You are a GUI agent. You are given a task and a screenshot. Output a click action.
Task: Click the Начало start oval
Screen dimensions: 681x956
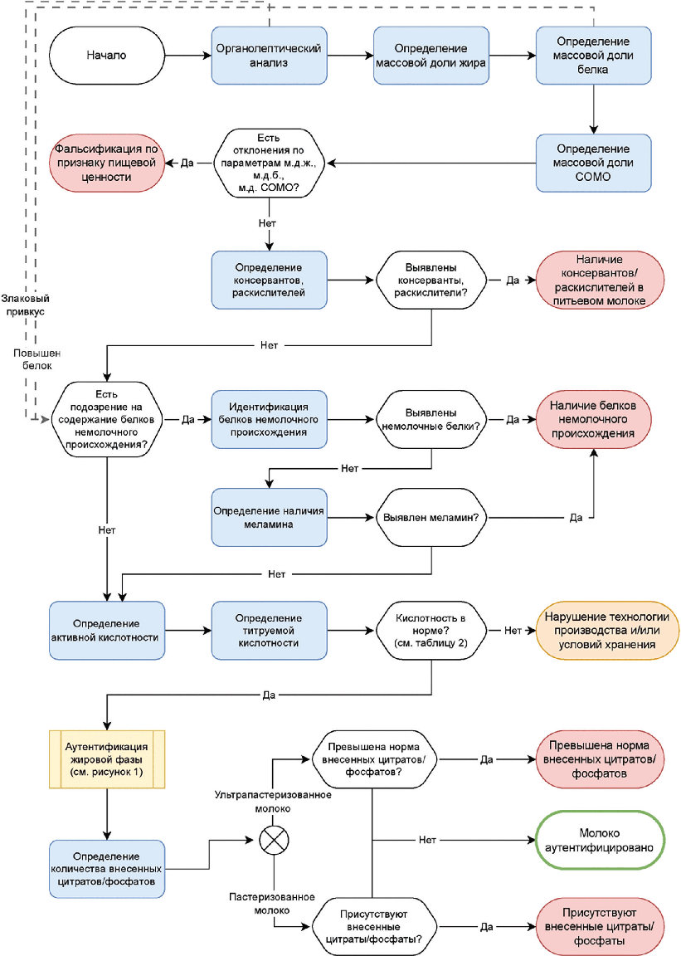[x=107, y=56]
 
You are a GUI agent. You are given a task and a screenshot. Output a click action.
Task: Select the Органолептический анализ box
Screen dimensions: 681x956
[x=269, y=56]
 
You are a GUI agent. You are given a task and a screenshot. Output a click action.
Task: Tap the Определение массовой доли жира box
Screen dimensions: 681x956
[x=431, y=56]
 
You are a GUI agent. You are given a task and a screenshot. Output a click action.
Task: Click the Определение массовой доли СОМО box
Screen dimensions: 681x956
[x=593, y=163]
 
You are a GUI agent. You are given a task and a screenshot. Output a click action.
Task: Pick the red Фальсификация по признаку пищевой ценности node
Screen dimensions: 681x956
[x=107, y=163]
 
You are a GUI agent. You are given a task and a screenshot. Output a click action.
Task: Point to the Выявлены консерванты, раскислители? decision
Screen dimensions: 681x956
[x=431, y=280]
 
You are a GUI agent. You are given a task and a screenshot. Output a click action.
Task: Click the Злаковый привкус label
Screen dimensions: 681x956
[x=25, y=305]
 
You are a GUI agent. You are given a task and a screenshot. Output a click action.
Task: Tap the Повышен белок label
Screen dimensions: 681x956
[x=37, y=359]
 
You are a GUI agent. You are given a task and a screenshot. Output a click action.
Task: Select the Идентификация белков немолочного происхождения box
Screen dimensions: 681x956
[x=269, y=419]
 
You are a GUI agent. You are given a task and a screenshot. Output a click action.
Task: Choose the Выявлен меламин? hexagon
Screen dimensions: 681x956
[x=431, y=518]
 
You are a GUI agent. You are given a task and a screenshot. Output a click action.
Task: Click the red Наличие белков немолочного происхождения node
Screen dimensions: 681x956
[x=593, y=419]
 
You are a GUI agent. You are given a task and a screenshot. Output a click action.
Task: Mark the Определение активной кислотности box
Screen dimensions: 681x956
[x=107, y=631]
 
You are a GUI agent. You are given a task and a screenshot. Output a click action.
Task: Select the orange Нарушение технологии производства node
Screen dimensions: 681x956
[x=606, y=631]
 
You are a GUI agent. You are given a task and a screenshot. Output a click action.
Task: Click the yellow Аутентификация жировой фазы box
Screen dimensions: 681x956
[x=107, y=759]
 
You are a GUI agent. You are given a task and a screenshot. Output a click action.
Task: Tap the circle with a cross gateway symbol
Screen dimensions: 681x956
[x=275, y=840]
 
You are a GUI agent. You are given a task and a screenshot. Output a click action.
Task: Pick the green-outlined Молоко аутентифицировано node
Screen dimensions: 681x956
[x=600, y=840]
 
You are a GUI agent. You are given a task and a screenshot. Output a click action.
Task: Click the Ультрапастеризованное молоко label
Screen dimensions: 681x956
[x=273, y=802]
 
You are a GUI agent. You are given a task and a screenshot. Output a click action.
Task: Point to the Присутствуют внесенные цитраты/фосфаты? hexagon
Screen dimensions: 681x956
[x=373, y=927]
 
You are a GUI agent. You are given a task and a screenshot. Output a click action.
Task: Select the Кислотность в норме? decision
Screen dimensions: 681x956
[x=431, y=631]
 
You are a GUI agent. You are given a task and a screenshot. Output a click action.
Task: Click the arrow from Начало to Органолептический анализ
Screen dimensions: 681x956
[x=187, y=56]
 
